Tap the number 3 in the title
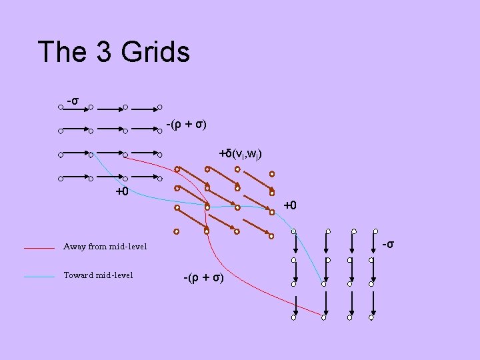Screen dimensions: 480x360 point(105,52)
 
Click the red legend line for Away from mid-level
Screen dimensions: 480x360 point(39,248)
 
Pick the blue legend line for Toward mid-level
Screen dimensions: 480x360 point(39,276)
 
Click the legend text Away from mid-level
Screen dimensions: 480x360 point(105,247)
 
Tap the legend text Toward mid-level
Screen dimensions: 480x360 point(98,275)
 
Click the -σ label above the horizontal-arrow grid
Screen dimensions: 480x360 point(73,101)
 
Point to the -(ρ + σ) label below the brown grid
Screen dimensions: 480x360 point(204,277)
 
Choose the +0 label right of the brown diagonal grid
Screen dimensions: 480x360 point(290,205)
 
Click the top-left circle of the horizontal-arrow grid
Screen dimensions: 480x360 point(60,107)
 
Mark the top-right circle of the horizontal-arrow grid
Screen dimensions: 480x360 point(160,107)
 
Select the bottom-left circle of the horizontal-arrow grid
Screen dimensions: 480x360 point(60,179)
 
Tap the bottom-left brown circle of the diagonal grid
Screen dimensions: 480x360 point(177,232)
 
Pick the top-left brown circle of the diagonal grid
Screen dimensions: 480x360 point(177,169)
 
